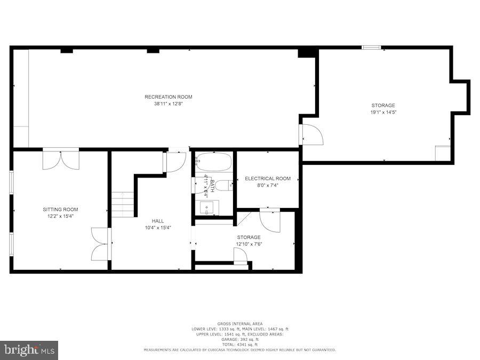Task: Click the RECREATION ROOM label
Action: (x=168, y=97)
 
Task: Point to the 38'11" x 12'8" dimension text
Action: (x=168, y=104)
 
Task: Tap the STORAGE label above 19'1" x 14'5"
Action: (x=383, y=105)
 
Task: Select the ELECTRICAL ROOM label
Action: (x=268, y=178)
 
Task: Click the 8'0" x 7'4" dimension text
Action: (x=268, y=185)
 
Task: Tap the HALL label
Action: (x=157, y=220)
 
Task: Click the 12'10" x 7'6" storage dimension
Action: (x=249, y=244)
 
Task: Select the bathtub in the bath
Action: (x=213, y=161)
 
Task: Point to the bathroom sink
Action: (x=206, y=207)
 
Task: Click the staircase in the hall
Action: (x=123, y=205)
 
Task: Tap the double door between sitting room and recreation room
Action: (x=61, y=159)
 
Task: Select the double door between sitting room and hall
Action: (x=101, y=244)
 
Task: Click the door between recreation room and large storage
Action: (x=311, y=134)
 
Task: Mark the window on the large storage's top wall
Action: (x=371, y=47)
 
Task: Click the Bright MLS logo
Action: (x=29, y=350)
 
